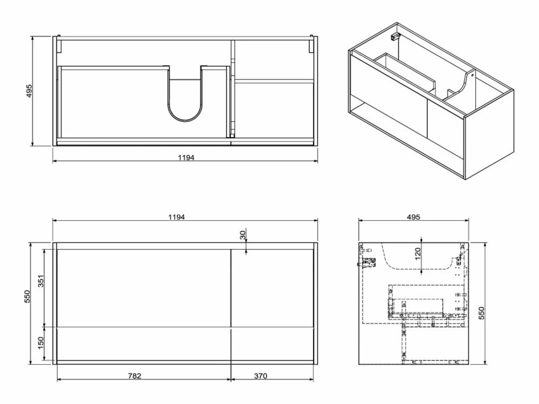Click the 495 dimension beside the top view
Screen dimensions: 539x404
tap(29, 91)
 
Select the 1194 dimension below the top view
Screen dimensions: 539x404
tap(186, 158)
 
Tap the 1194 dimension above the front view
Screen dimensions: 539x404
tap(176, 217)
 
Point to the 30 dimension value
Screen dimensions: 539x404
tap(243, 235)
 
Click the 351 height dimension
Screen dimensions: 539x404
tap(41, 281)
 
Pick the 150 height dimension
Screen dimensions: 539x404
tap(41, 343)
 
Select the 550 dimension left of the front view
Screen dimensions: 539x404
tap(27, 296)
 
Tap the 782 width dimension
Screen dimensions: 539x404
tap(134, 376)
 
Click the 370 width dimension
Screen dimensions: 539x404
tap(261, 376)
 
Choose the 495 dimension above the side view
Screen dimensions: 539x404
tap(414, 217)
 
